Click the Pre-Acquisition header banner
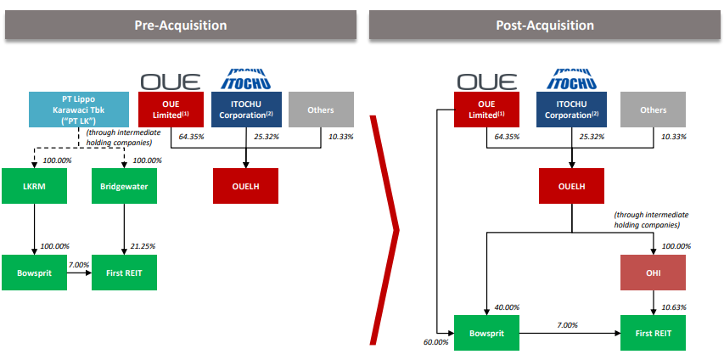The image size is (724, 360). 181,25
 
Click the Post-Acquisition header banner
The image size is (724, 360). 545,25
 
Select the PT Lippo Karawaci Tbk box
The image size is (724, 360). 79,110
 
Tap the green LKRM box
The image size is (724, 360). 34,186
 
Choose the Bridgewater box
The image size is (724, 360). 124,186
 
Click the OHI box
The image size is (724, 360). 653,273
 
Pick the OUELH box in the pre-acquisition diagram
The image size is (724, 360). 245,186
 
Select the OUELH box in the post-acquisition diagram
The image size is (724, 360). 571,186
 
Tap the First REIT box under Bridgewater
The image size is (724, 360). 124,273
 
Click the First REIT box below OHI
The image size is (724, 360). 653,333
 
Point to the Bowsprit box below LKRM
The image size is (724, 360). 34,273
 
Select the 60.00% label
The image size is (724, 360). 436,342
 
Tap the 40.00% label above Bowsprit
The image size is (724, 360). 506,307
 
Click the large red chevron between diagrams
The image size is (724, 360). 384,230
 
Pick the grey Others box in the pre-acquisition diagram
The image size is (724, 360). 322,110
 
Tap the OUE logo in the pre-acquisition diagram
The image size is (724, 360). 171,82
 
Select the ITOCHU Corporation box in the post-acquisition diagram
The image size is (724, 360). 571,110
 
